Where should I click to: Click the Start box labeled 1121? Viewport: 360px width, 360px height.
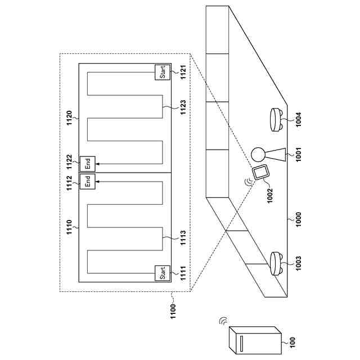[161, 72]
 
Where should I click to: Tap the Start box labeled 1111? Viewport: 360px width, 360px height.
[161, 274]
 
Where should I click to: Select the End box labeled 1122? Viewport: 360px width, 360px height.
[87, 164]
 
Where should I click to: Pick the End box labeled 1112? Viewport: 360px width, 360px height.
[87, 181]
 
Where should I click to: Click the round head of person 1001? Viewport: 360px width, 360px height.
[258, 154]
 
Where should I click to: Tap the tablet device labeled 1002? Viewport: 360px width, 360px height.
[261, 173]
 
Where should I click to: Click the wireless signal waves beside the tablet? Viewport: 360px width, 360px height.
[247, 182]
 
